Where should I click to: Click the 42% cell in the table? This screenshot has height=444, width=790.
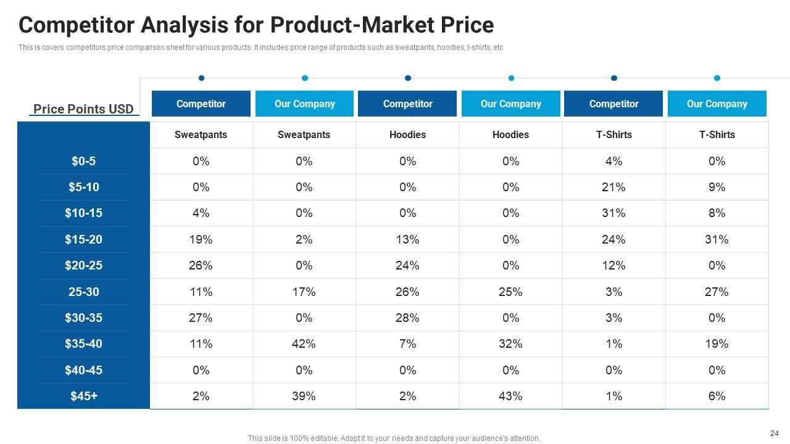coord(304,344)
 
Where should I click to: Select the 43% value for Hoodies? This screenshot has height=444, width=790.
coord(510,397)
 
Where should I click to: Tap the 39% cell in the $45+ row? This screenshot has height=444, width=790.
coord(304,397)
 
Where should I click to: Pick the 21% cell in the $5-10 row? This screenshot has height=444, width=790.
coord(613,187)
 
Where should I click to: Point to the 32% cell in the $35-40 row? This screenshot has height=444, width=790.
coord(510,344)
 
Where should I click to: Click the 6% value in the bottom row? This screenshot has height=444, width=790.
coord(717,397)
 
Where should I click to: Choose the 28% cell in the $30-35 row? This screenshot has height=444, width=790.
coord(407,318)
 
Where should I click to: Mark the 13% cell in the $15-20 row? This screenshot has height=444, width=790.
coord(407,240)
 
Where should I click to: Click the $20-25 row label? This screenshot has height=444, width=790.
coord(83,266)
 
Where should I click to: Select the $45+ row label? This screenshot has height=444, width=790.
coord(83,397)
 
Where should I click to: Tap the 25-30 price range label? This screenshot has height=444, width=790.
coord(83,292)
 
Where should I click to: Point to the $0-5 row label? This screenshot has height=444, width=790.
coord(83,162)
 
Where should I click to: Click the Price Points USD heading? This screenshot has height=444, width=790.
coord(83,110)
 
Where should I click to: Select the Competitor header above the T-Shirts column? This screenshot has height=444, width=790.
coord(613,104)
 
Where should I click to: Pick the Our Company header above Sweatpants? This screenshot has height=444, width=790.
coord(304,104)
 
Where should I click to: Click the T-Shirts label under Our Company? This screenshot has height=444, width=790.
coord(717,135)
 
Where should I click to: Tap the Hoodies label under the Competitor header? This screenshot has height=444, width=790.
coord(407,135)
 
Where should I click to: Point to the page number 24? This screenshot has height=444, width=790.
coord(775,433)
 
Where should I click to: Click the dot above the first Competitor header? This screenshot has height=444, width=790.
coord(201,78)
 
